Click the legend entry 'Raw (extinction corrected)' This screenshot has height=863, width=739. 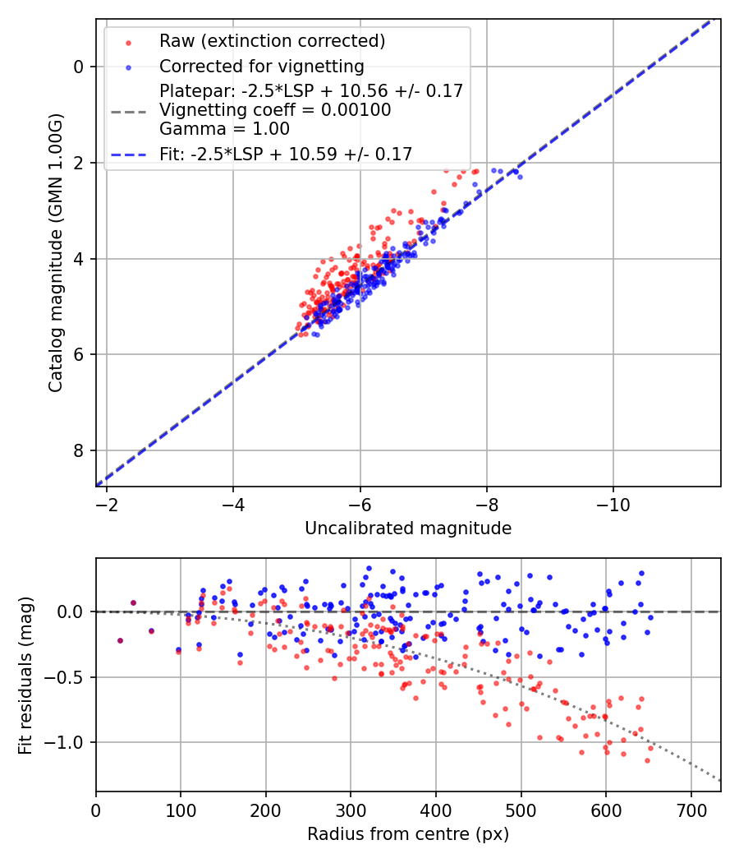(x=272, y=41)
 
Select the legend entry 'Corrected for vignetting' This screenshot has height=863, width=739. (x=261, y=66)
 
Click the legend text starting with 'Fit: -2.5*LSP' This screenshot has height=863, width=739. (x=286, y=154)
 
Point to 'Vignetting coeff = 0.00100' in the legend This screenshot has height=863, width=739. (x=275, y=110)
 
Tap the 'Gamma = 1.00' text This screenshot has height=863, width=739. (x=224, y=128)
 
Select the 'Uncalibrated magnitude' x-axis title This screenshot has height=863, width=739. (x=408, y=528)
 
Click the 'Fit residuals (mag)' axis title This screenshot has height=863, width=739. (x=25, y=675)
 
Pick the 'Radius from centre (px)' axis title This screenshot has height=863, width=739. (x=408, y=834)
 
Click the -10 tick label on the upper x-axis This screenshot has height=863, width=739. (x=613, y=503)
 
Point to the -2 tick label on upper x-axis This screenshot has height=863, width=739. (x=106, y=503)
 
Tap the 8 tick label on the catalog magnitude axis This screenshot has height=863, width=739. (x=79, y=450)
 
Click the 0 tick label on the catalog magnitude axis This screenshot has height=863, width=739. (x=79, y=67)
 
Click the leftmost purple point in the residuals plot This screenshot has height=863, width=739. (x=120, y=640)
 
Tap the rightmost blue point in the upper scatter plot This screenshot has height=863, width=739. (x=519, y=177)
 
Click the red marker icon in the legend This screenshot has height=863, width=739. (x=127, y=41)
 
